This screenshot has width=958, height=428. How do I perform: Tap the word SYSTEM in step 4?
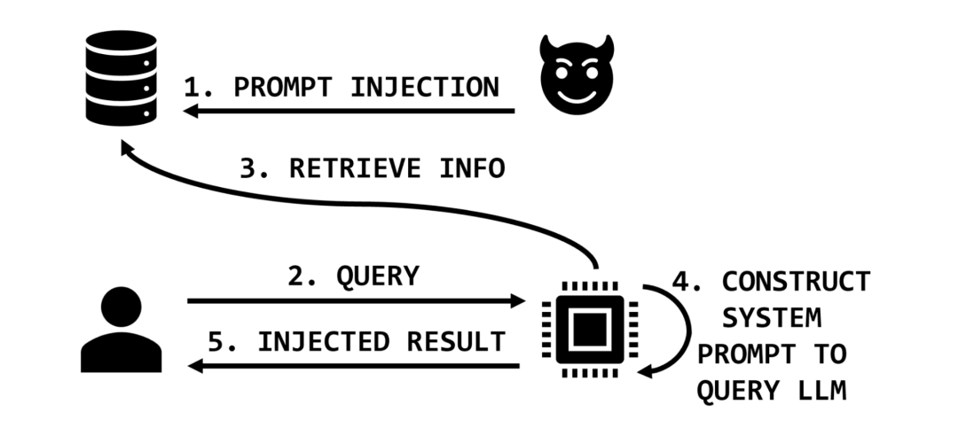pos(771,317)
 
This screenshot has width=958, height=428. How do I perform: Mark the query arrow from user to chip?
pos(355,301)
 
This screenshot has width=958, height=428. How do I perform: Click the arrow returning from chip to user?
pos(355,365)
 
